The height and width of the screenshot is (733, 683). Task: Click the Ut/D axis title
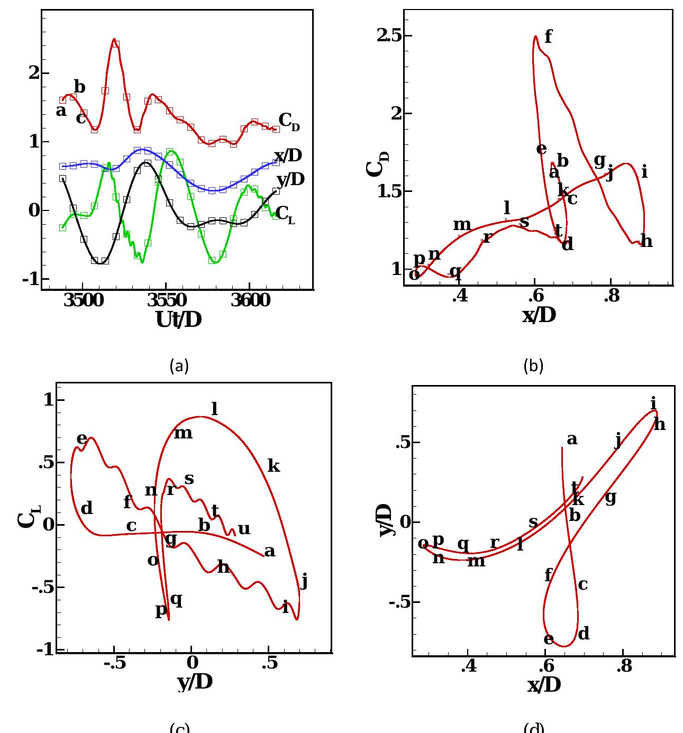tap(179, 319)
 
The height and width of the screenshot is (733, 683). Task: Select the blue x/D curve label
tap(288, 155)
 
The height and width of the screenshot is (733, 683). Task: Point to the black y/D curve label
tap(290, 180)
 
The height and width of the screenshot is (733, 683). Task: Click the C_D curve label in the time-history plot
tap(288, 121)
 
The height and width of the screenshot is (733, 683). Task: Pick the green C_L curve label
tap(285, 214)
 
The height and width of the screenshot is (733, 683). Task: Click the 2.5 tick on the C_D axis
tap(388, 35)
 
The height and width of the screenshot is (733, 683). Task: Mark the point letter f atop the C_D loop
tap(548, 36)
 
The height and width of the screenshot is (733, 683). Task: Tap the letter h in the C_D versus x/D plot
tap(646, 242)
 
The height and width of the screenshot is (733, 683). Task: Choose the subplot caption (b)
tap(533, 365)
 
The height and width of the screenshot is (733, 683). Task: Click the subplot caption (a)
tap(179, 365)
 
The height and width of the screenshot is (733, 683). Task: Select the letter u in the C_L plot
tap(243, 529)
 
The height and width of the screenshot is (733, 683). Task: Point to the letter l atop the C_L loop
tap(214, 409)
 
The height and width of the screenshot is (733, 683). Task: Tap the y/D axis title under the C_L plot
tap(195, 682)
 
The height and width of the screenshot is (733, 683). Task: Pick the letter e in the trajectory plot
tap(549, 639)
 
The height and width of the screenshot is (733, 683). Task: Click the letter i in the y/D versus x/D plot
tap(653, 404)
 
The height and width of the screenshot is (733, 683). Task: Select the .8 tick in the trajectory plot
tap(624, 666)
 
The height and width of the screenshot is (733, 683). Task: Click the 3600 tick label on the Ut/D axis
tap(250, 301)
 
